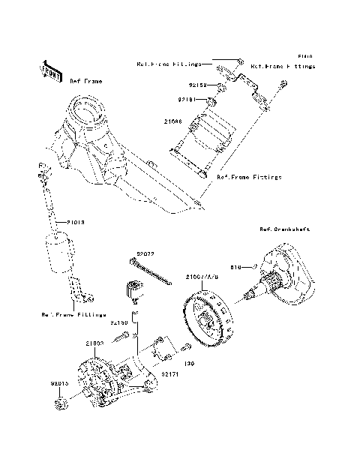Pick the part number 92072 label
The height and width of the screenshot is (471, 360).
point(145,254)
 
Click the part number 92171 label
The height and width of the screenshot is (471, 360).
point(169,372)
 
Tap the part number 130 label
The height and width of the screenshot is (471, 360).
point(189,363)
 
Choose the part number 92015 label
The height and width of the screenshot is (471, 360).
point(60,383)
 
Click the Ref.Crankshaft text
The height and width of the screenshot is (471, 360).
point(284,229)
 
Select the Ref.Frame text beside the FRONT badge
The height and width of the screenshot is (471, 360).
point(86,80)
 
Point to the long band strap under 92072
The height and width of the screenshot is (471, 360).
point(154,274)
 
